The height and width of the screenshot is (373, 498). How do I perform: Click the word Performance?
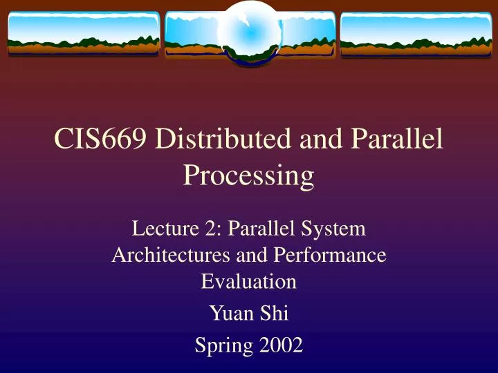pos(330,255)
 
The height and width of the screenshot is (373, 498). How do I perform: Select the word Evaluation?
pos(248,282)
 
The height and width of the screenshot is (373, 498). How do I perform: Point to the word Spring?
pos(221,344)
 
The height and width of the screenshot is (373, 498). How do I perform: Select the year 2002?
pos(278,344)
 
